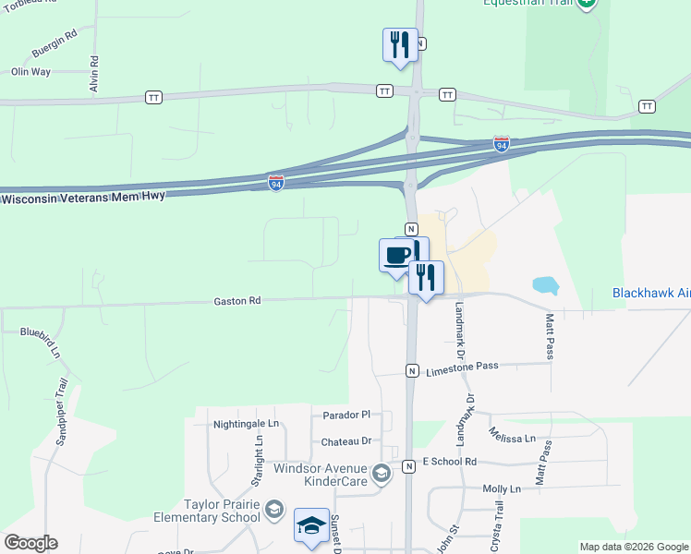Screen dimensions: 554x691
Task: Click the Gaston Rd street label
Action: click(x=237, y=300)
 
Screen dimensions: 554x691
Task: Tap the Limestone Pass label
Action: click(x=462, y=367)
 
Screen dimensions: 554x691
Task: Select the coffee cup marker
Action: click(x=397, y=254)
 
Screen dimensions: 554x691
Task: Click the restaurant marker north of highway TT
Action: click(x=399, y=43)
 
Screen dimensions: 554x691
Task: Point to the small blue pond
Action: click(x=546, y=285)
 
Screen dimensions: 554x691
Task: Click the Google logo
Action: click(x=30, y=543)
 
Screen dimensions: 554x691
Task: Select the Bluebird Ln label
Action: click(x=39, y=342)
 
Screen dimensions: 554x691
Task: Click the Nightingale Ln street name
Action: click(x=246, y=424)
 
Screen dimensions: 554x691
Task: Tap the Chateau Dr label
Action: click(x=345, y=442)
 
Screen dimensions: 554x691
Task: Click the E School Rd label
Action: click(x=449, y=461)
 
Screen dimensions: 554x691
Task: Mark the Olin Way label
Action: click(x=30, y=72)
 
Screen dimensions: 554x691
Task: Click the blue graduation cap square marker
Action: click(x=312, y=525)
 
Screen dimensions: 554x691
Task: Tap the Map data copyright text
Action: click(x=633, y=547)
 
